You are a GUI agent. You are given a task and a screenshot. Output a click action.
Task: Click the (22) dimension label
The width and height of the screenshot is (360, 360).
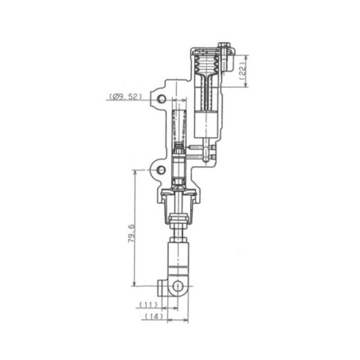pos(243,71)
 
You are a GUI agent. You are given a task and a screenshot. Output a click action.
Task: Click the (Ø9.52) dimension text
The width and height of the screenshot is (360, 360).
pos(125,96)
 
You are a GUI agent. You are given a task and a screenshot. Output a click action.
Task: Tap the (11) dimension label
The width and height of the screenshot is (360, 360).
pos(148,304)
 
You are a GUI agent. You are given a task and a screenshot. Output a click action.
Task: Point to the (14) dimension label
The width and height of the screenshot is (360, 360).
pos(154,316)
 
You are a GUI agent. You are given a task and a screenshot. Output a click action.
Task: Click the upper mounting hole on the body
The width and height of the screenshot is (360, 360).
pos(161,99)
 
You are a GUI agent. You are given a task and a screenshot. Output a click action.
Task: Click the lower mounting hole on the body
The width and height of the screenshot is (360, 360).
pos(161,170)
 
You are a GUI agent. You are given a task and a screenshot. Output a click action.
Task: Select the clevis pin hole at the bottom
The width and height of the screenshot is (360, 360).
pos(178,286)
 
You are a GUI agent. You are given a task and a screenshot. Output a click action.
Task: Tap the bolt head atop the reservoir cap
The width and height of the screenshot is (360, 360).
pos(223,45)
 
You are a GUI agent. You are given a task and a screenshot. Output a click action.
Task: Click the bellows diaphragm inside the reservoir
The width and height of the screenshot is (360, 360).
pos(206,64)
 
